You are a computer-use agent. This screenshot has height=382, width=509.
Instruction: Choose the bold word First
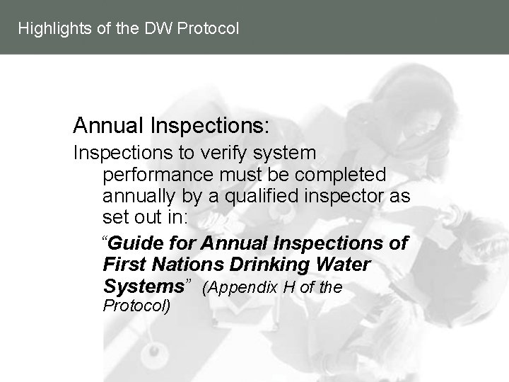[122, 265]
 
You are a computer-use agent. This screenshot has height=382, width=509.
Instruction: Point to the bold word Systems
[144, 286]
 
